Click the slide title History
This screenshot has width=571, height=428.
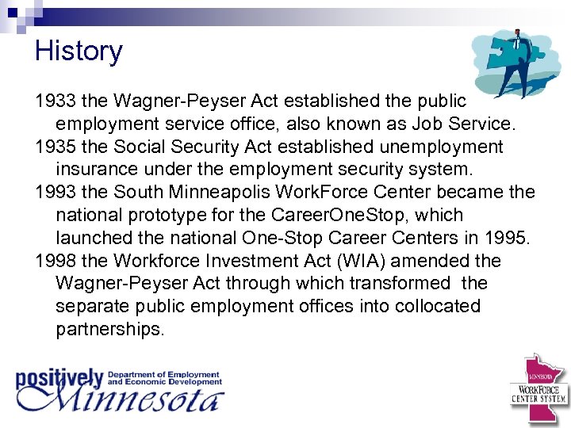tap(79, 52)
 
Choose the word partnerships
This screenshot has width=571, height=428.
tap(110, 329)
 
